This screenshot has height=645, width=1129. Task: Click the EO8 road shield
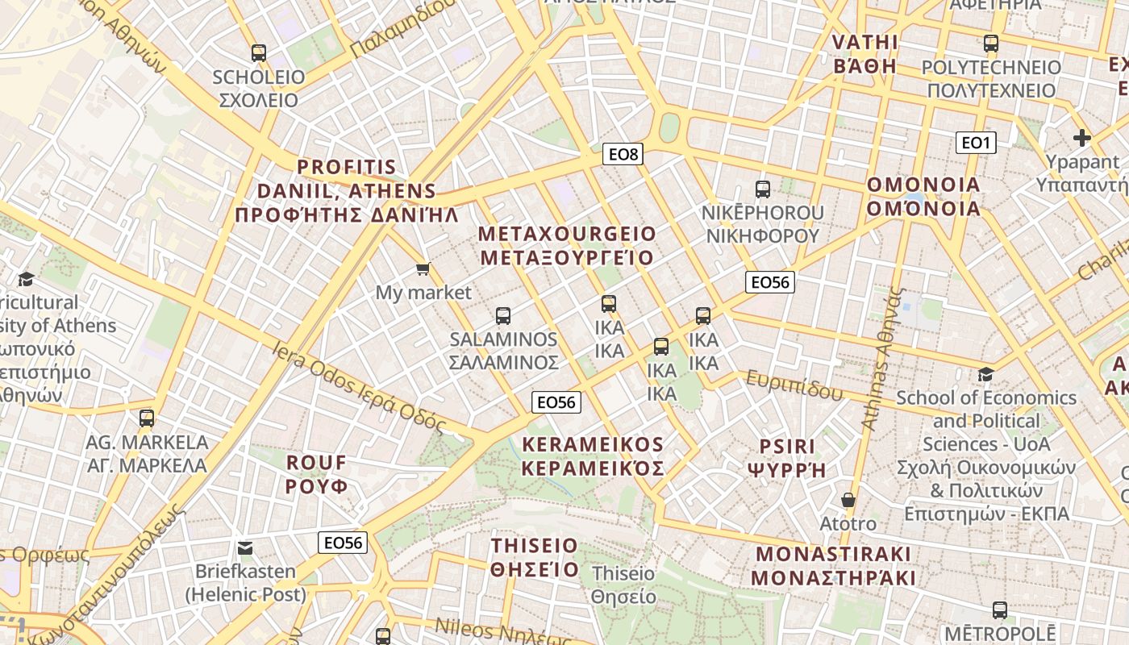[623, 154]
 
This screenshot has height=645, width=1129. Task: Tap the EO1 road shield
[976, 143]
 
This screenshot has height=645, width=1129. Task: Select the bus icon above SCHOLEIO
[258, 53]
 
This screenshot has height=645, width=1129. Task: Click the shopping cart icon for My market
[423, 268]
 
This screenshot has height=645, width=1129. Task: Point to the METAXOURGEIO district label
[567, 246]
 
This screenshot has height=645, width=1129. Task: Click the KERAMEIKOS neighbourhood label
[593, 456]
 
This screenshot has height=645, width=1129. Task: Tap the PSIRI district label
[787, 458]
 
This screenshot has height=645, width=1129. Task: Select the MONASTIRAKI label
[834, 566]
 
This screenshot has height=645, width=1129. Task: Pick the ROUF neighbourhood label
[317, 475]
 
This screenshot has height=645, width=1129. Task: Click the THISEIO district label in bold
[535, 557]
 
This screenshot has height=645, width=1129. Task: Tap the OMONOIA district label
[923, 197]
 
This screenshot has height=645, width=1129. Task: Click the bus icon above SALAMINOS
[503, 315]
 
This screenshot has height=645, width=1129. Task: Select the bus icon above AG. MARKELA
[146, 418]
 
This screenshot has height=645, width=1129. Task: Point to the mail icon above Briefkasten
[245, 548]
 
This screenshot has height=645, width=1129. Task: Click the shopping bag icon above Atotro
[848, 500]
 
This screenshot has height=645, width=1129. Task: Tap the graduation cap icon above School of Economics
[985, 374]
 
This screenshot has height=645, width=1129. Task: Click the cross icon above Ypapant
[1082, 138]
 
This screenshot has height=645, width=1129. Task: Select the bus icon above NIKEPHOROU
[762, 189]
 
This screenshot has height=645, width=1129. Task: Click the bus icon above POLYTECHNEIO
[990, 44]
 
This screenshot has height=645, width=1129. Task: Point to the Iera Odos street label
[360, 387]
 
